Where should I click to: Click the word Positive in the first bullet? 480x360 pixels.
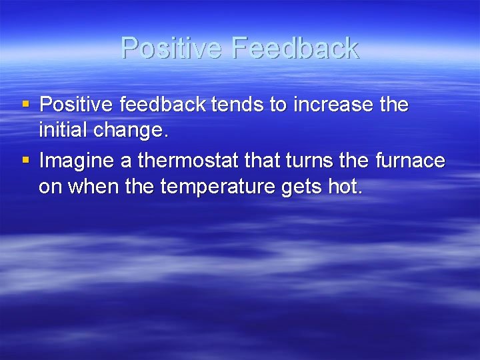[77, 105]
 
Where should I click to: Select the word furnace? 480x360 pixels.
[413, 161]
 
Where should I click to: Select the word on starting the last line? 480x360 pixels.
[49, 188]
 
